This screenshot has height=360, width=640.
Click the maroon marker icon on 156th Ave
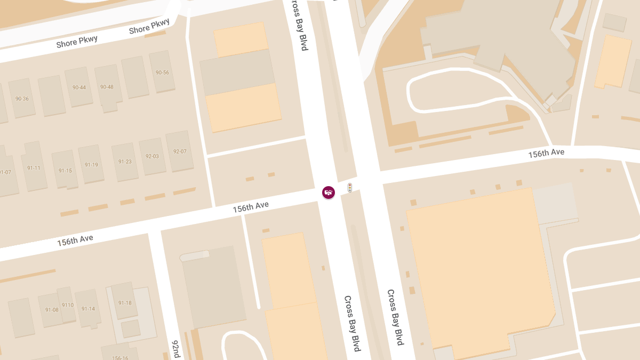[329, 192]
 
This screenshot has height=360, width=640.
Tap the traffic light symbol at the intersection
[350, 188]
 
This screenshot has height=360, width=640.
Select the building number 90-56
[162, 73]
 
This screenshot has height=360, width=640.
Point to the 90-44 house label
[79, 87]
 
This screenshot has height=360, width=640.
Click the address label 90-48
[107, 87]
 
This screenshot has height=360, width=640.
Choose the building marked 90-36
[22, 99]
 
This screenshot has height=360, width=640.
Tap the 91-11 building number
[34, 168]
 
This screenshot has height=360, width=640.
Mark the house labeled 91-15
[65, 171]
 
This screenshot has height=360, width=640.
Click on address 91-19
[91, 165]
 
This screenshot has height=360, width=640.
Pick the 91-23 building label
[125, 162]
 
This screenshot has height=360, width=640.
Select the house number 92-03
[152, 156]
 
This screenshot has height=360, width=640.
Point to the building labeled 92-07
[180, 151]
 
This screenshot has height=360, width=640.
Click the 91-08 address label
[52, 309]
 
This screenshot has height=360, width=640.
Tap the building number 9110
[67, 305]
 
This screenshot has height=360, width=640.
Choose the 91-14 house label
[88, 309]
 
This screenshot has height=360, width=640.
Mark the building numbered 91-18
[125, 303]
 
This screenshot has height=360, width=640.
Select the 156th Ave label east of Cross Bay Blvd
[546, 153]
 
